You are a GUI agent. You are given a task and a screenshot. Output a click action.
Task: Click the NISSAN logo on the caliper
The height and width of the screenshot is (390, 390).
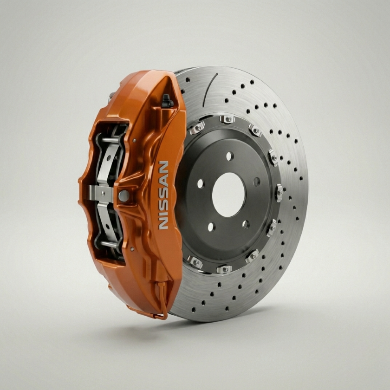163,195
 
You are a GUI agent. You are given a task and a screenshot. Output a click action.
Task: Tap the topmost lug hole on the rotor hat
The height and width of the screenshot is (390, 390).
229,156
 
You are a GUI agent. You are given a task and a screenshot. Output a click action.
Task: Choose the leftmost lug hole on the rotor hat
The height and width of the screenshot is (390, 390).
201,183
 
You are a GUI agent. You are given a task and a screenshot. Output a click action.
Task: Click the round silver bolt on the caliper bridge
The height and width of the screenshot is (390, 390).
123,196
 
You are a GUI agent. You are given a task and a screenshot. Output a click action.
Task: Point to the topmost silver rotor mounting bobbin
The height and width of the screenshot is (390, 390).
227,119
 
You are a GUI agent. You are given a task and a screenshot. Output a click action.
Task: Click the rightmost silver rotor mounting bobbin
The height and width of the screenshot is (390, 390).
279,192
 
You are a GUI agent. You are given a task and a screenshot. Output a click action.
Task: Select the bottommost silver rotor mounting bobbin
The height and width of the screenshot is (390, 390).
224,269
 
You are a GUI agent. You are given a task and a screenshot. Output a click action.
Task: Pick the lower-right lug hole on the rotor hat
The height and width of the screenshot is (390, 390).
246,224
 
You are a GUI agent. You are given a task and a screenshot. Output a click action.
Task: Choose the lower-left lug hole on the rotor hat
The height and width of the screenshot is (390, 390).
211,227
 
